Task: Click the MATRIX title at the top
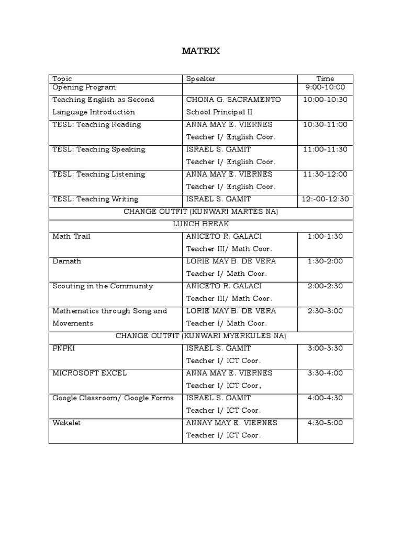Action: tap(201, 51)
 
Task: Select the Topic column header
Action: tap(62, 79)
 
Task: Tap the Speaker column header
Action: tap(200, 79)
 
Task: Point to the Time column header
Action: tap(325, 79)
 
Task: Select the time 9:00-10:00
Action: tap(325, 87)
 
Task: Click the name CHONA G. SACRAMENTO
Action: tap(233, 99)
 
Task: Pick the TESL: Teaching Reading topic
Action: tap(97, 124)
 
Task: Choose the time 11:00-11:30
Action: tap(325, 149)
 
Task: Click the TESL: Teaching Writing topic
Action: tap(95, 199)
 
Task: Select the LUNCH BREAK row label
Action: tap(201, 224)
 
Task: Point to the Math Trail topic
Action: tap(71, 236)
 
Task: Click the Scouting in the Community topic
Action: tap(103, 286)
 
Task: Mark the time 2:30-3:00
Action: tap(325, 311)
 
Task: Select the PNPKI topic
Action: tap(64, 348)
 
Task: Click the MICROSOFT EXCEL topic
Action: tap(90, 373)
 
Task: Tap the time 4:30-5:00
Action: tap(325, 423)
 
